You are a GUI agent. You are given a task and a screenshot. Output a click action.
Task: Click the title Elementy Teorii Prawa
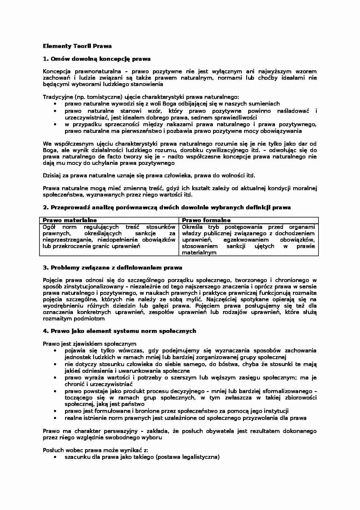point(77,46)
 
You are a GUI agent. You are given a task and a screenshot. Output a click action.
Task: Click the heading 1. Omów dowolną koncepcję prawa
point(97,59)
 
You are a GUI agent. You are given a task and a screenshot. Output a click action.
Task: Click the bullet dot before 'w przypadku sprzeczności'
point(55,124)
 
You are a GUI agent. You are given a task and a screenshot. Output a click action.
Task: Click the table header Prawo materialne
point(70,220)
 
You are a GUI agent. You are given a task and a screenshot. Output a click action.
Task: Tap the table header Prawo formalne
point(206,220)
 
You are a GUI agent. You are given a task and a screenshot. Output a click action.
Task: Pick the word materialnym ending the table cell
point(199,252)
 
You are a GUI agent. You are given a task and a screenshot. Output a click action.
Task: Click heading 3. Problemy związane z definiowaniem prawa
point(113,268)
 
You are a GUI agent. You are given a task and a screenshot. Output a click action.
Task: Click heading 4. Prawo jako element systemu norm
point(120,331)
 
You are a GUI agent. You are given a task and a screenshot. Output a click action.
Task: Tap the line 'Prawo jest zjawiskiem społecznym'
point(89,344)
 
